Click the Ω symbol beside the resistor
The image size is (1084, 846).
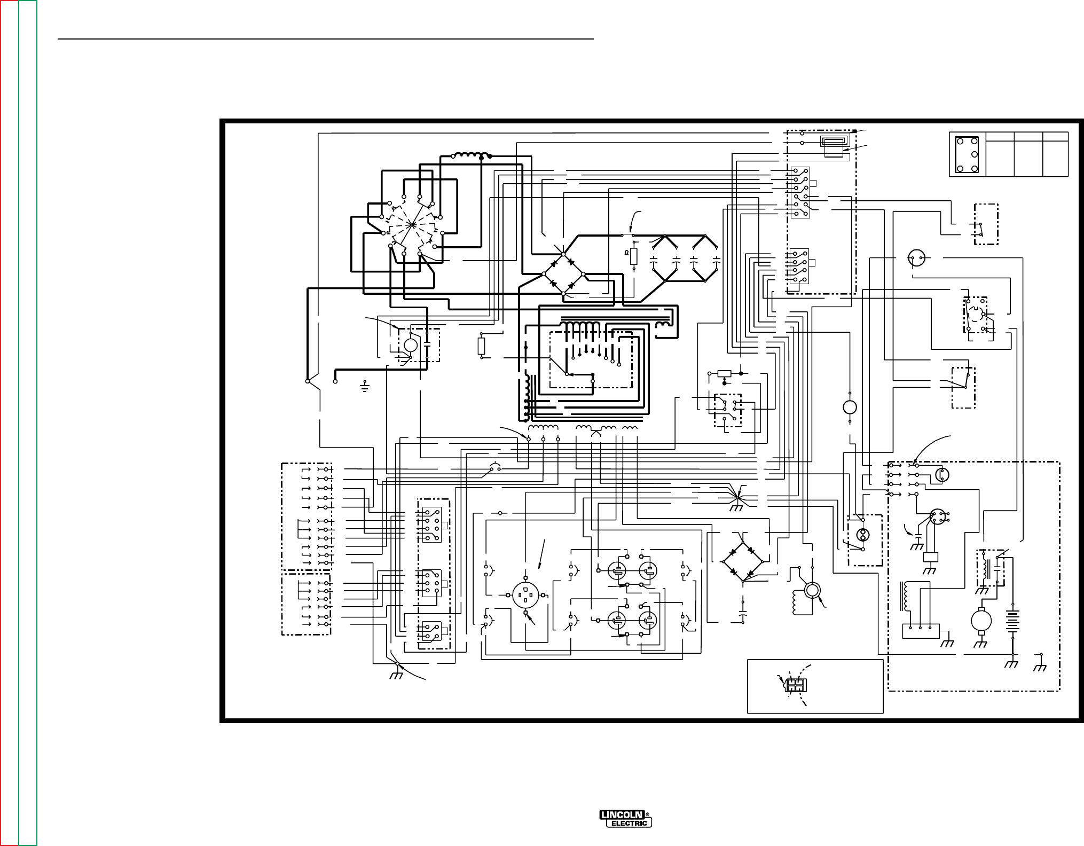[x=626, y=253]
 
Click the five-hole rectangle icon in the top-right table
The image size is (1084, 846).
[x=967, y=155]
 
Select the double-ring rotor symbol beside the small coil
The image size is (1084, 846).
[x=812, y=590]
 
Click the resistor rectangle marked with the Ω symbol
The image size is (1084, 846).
[x=634, y=257]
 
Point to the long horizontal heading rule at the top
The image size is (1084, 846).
[x=326, y=39]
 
